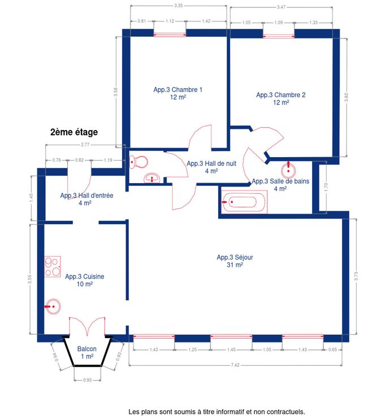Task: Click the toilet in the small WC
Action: tap(138, 161)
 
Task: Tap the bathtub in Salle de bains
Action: tap(244, 202)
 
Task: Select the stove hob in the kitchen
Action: tap(52, 267)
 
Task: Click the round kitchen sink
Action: tap(53, 306)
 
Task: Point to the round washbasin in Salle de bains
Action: tap(288, 170)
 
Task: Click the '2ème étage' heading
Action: tap(74, 132)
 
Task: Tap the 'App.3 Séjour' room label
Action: tap(235, 257)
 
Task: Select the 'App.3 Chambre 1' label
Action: tap(178, 90)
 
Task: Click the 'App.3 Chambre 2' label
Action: tap(281, 95)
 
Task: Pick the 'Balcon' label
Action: tap(86, 349)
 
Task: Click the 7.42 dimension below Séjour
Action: tap(235, 365)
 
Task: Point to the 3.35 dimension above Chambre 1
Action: tap(179, 5)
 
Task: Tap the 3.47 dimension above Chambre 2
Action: tap(281, 7)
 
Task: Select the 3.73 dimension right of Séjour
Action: tap(356, 276)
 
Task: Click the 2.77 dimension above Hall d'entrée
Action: tap(85, 145)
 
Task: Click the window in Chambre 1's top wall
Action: tap(170, 34)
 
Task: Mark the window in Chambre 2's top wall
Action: tap(279, 36)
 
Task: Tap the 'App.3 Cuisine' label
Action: tap(85, 276)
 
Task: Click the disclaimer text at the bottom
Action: tap(217, 411)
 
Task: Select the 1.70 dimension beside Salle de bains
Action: tap(326, 187)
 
